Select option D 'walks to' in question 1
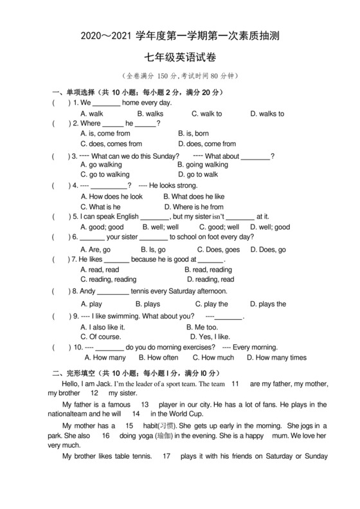(267, 114)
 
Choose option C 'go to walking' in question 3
(105, 174)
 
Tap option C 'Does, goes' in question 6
(218, 250)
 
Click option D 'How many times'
(277, 358)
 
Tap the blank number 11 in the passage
(235, 384)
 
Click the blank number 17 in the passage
(166, 457)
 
